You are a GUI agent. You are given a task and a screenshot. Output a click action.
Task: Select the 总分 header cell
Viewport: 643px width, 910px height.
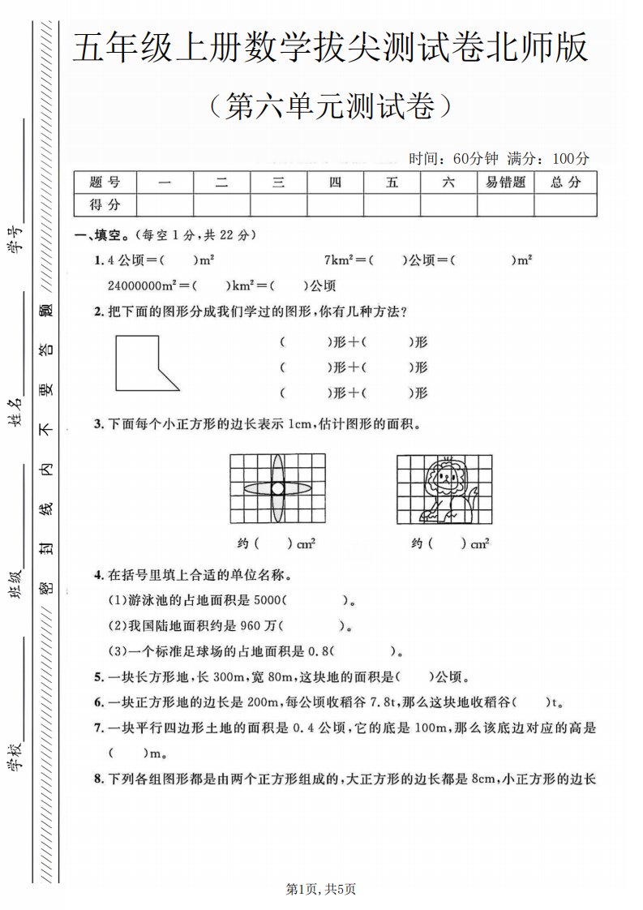click(x=566, y=182)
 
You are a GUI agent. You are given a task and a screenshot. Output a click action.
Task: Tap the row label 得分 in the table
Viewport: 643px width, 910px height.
click(x=105, y=204)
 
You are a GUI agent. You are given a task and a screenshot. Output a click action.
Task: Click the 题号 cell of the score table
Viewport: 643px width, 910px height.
click(x=105, y=182)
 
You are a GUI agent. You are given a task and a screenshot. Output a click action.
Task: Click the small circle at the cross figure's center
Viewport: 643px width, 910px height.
click(x=277, y=488)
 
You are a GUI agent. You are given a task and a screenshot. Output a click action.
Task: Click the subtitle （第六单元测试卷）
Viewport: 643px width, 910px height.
click(x=328, y=106)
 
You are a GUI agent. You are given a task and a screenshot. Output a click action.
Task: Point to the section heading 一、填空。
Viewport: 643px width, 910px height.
click(x=101, y=236)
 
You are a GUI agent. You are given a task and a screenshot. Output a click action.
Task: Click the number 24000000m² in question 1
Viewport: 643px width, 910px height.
click(x=142, y=285)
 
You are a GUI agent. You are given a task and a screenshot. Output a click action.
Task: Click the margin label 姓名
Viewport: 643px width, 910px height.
click(x=15, y=413)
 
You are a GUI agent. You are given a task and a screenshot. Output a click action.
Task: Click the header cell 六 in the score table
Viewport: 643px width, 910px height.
click(x=448, y=182)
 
